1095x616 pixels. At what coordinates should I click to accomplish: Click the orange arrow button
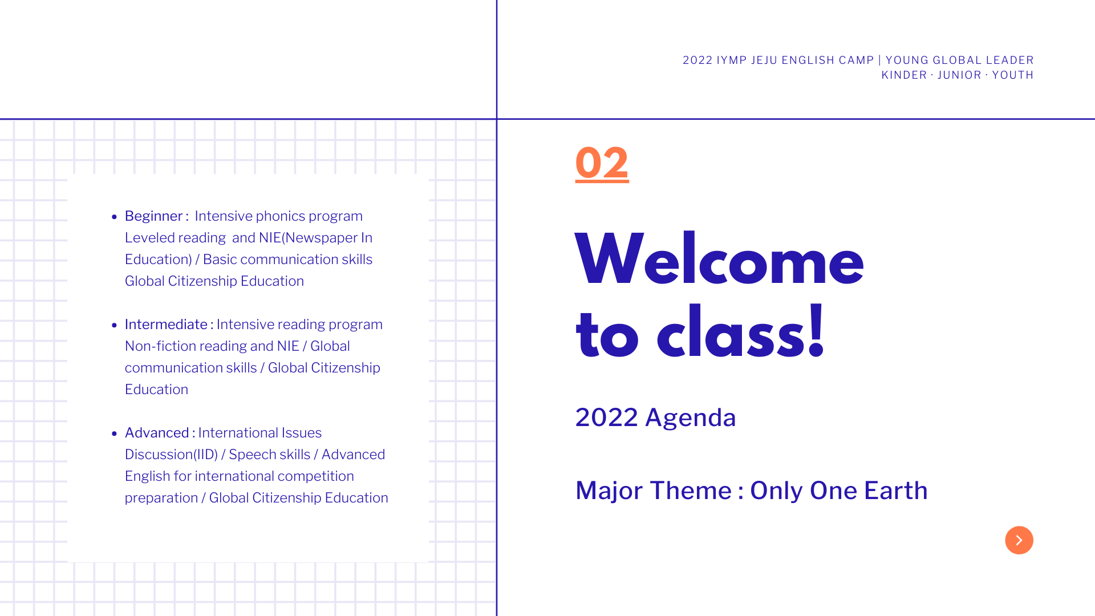[1019, 540]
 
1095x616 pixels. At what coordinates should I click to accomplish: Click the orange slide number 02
[602, 163]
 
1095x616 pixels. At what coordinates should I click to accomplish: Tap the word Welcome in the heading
[720, 260]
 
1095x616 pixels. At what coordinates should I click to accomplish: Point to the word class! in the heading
[741, 332]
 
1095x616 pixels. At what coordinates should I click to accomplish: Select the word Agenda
[691, 418]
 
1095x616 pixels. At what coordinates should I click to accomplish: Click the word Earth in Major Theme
[896, 491]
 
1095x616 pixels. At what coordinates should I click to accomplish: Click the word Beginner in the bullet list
[153, 217]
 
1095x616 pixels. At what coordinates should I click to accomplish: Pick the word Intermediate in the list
[166, 325]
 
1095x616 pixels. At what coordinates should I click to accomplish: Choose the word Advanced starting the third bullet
[157, 433]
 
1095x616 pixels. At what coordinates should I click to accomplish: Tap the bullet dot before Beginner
[114, 217]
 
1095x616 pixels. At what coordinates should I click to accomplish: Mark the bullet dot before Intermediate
[114, 325]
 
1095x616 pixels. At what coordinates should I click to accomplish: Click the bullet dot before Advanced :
[114, 433]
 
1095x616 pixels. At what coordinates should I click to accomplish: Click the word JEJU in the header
[764, 60]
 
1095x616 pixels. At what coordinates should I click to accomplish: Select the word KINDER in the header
[905, 75]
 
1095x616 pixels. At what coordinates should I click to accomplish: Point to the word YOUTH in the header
[1013, 75]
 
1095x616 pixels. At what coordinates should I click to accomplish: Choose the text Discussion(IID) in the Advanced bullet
[171, 455]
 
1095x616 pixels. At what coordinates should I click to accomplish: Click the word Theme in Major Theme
[691, 491]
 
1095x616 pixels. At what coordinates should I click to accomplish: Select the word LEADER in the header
[1010, 60]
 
